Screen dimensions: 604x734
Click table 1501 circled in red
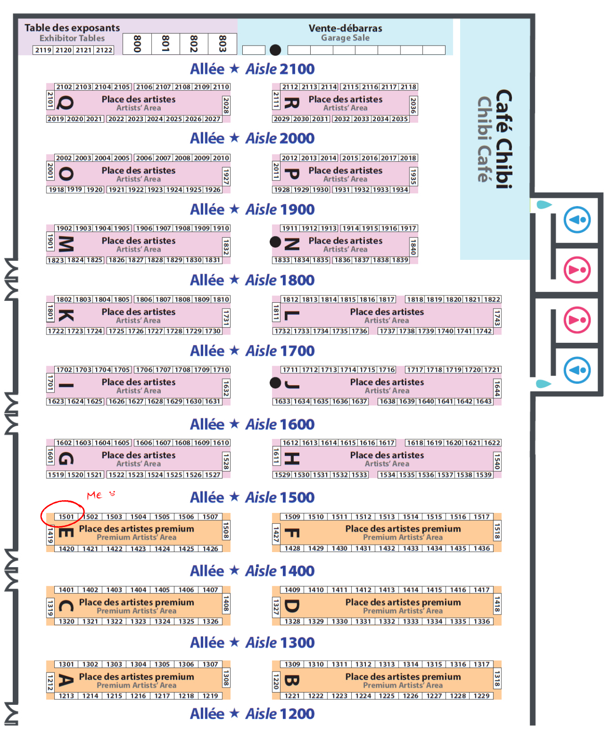tap(66, 517)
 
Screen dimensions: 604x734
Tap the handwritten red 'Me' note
tap(95, 495)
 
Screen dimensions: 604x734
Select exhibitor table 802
tap(194, 44)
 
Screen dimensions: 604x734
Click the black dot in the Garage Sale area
tap(276, 50)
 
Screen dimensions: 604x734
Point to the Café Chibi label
tap(504, 139)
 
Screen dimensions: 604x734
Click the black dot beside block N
tap(276, 242)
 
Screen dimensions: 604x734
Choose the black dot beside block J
tap(276, 383)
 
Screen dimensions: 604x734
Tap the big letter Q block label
tap(66, 103)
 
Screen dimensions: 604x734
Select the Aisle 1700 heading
tap(252, 351)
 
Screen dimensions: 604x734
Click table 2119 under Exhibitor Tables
tap(43, 50)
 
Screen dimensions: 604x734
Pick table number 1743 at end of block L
tap(497, 318)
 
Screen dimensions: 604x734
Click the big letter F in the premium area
tap(292, 533)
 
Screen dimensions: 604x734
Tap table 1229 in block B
tap(481, 696)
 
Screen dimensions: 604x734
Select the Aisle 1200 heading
tap(252, 713)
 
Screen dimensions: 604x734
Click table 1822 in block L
tap(492, 300)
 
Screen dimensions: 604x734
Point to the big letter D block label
tap(292, 606)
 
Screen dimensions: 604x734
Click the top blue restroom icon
tap(577, 220)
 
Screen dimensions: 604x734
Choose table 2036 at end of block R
tap(413, 105)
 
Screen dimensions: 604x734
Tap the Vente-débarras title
tap(345, 28)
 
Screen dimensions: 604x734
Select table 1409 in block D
tap(292, 589)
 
